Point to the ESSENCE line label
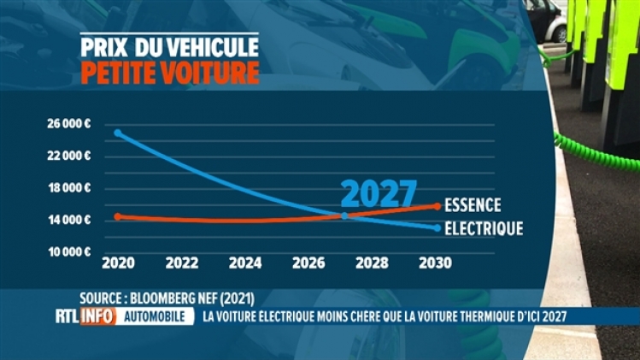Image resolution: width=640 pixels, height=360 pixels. coord(473,205)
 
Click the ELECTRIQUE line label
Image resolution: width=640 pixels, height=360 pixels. coord(484,228)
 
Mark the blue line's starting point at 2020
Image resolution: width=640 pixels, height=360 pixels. coord(118,133)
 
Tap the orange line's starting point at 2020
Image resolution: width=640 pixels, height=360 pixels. coord(118,216)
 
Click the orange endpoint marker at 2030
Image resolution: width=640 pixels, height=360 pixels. coord(437,205)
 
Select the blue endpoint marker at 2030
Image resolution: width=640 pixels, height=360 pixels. coord(437,228)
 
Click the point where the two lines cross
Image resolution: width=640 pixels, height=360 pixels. coord(343,215)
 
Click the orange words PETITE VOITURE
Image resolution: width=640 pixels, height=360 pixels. coord(169,72)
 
